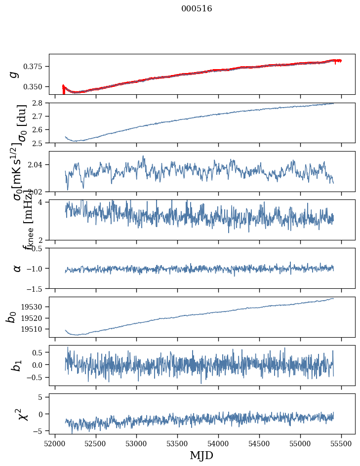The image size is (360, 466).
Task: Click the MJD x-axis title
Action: pos(201,455)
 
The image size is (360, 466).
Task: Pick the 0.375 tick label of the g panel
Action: pos(36,67)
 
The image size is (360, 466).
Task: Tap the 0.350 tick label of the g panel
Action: pos(36,87)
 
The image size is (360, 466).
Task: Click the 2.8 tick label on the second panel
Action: pos(40,103)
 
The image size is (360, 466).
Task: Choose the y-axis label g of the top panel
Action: pos(15,74)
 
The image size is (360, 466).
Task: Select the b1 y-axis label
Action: pos(16,365)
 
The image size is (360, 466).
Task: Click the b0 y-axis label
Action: pos(11,317)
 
